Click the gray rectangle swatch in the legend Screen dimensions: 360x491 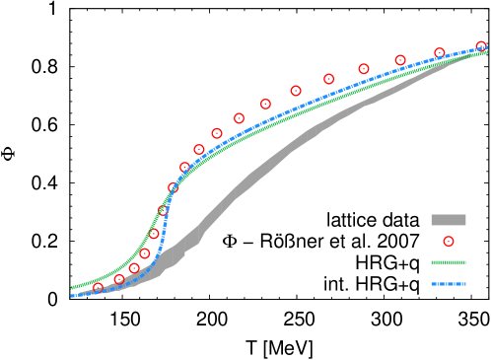(449, 220)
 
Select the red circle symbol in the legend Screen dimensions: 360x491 (449, 242)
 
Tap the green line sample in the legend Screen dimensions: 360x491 (449, 262)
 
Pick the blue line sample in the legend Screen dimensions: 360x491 (449, 284)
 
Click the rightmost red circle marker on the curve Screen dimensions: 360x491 (481, 46)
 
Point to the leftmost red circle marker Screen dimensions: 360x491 (98, 287)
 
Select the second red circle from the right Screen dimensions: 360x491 (440, 53)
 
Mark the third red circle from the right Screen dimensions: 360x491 (400, 60)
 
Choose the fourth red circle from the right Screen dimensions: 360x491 (364, 69)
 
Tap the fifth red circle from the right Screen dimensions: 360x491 (328, 79)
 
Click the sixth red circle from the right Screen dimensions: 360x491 (296, 91)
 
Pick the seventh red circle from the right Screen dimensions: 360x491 (265, 104)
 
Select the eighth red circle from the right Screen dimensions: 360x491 (239, 118)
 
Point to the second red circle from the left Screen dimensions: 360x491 (119, 279)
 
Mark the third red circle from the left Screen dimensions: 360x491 (134, 268)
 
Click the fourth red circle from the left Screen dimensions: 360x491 (145, 253)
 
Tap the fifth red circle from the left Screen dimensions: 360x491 (154, 234)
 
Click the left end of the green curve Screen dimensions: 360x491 (72, 289)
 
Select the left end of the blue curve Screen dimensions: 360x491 (72, 296)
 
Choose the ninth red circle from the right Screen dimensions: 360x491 (217, 133)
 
